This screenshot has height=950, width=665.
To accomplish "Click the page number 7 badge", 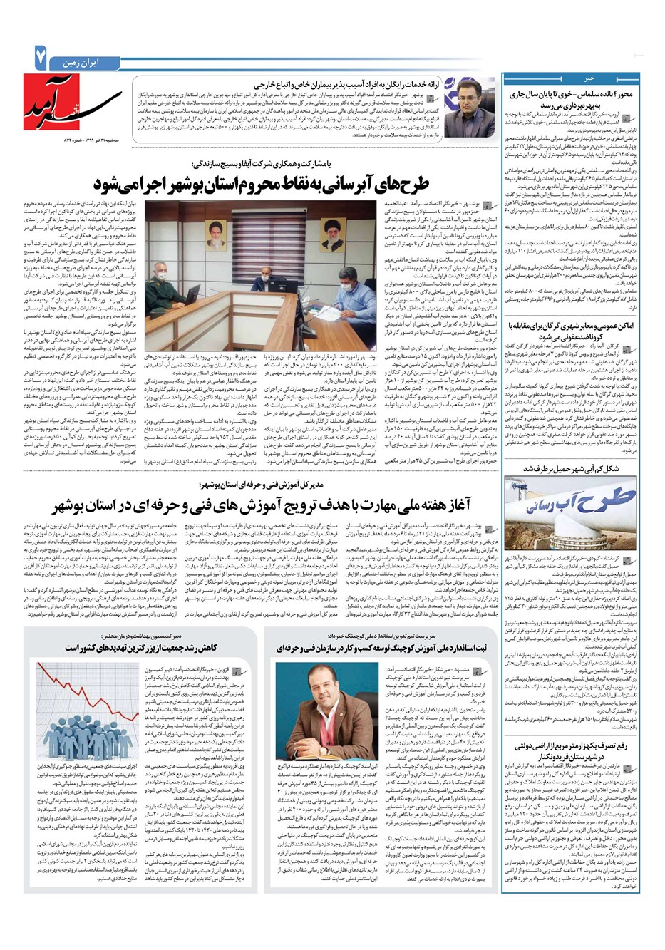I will pos(36,58).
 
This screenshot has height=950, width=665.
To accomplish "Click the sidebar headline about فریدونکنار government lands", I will pos(582,750).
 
